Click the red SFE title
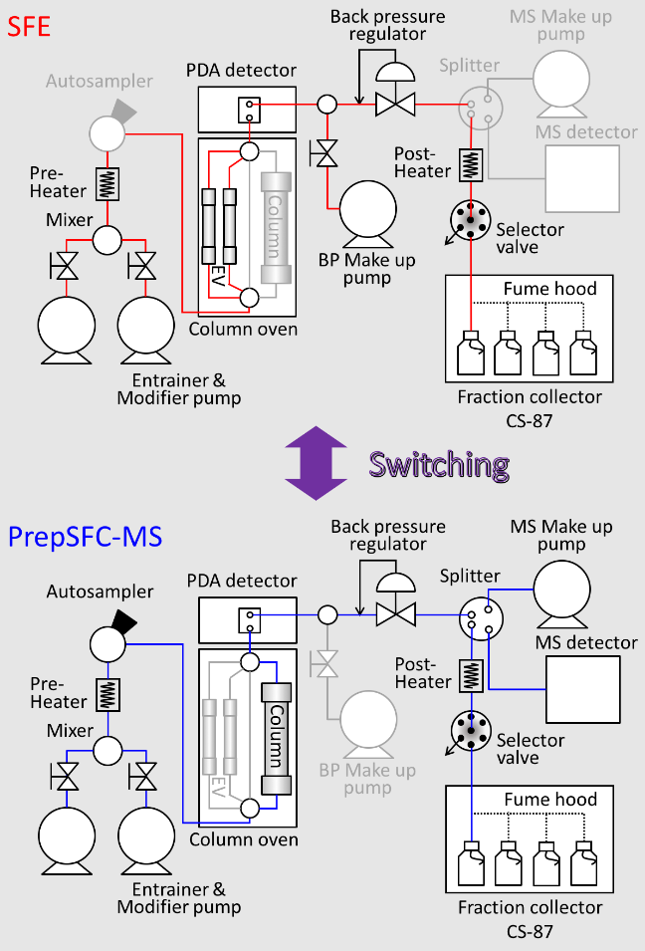point(29,24)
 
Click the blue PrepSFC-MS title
point(86,537)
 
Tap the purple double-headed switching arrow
point(315,463)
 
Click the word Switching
point(438,464)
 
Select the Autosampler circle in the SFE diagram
point(105,130)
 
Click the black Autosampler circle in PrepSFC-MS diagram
point(105,642)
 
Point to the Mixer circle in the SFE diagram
point(107,240)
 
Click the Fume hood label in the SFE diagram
point(549,289)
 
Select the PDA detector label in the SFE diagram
point(241,70)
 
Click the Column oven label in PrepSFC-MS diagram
point(243,839)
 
